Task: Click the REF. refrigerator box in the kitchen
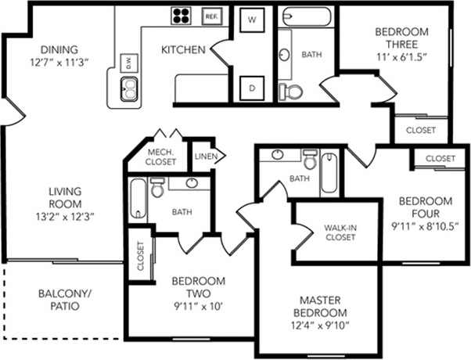211,15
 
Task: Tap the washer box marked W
251,19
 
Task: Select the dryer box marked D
251,88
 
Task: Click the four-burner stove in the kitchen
182,16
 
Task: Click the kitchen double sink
129,91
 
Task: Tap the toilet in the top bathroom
293,91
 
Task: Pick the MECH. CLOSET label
160,157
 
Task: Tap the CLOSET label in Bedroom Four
440,158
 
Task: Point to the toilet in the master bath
309,162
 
